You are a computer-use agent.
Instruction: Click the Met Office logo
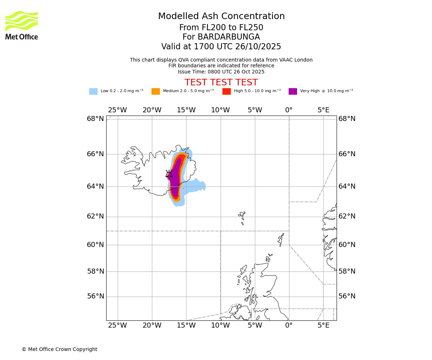22,25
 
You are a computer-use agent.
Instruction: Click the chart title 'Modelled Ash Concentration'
221,17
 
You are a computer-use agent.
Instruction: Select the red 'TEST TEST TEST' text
221,82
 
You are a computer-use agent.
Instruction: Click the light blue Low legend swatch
93,91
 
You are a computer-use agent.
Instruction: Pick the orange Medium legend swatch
156,91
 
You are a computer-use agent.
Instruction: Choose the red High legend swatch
226,91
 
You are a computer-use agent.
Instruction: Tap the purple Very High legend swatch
293,91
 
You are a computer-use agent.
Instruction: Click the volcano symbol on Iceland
169,174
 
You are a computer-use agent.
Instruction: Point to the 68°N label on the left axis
95,119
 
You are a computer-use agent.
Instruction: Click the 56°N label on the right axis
347,296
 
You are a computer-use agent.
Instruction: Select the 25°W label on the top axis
117,110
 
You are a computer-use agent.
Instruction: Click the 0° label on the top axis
289,110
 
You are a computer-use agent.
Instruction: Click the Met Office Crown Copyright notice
59,349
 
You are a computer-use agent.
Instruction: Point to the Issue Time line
221,72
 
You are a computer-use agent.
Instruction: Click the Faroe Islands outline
242,217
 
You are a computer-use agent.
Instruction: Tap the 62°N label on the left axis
95,216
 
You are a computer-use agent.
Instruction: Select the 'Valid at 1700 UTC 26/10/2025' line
221,47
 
